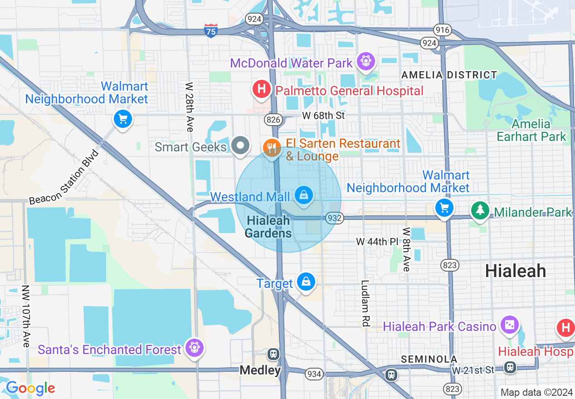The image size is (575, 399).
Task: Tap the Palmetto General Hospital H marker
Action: pos(261,89)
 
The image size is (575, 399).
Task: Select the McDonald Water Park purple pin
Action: pos(365,61)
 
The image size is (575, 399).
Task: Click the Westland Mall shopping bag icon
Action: pos(303,195)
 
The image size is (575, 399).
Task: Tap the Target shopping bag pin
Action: pos(307,281)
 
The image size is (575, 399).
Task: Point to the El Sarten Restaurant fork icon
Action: pos(272,147)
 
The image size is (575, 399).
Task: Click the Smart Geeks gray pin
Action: pos(240,146)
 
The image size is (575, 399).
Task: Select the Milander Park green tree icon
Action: pos(480,210)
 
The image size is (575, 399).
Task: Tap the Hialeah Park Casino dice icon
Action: pos(509,325)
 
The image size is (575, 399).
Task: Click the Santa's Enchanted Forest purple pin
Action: pos(195,348)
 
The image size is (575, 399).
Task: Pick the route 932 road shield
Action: pos(334,218)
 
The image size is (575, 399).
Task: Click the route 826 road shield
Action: pos(274,120)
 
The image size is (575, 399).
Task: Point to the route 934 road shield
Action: pos(314,374)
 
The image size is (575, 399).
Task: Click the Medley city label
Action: pos(260,370)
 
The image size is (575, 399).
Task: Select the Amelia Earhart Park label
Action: pos(531,130)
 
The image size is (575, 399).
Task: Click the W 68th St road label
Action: pos(323,116)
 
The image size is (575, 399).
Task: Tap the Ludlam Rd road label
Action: pos(365,303)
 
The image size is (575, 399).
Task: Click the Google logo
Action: pos(30,388)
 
